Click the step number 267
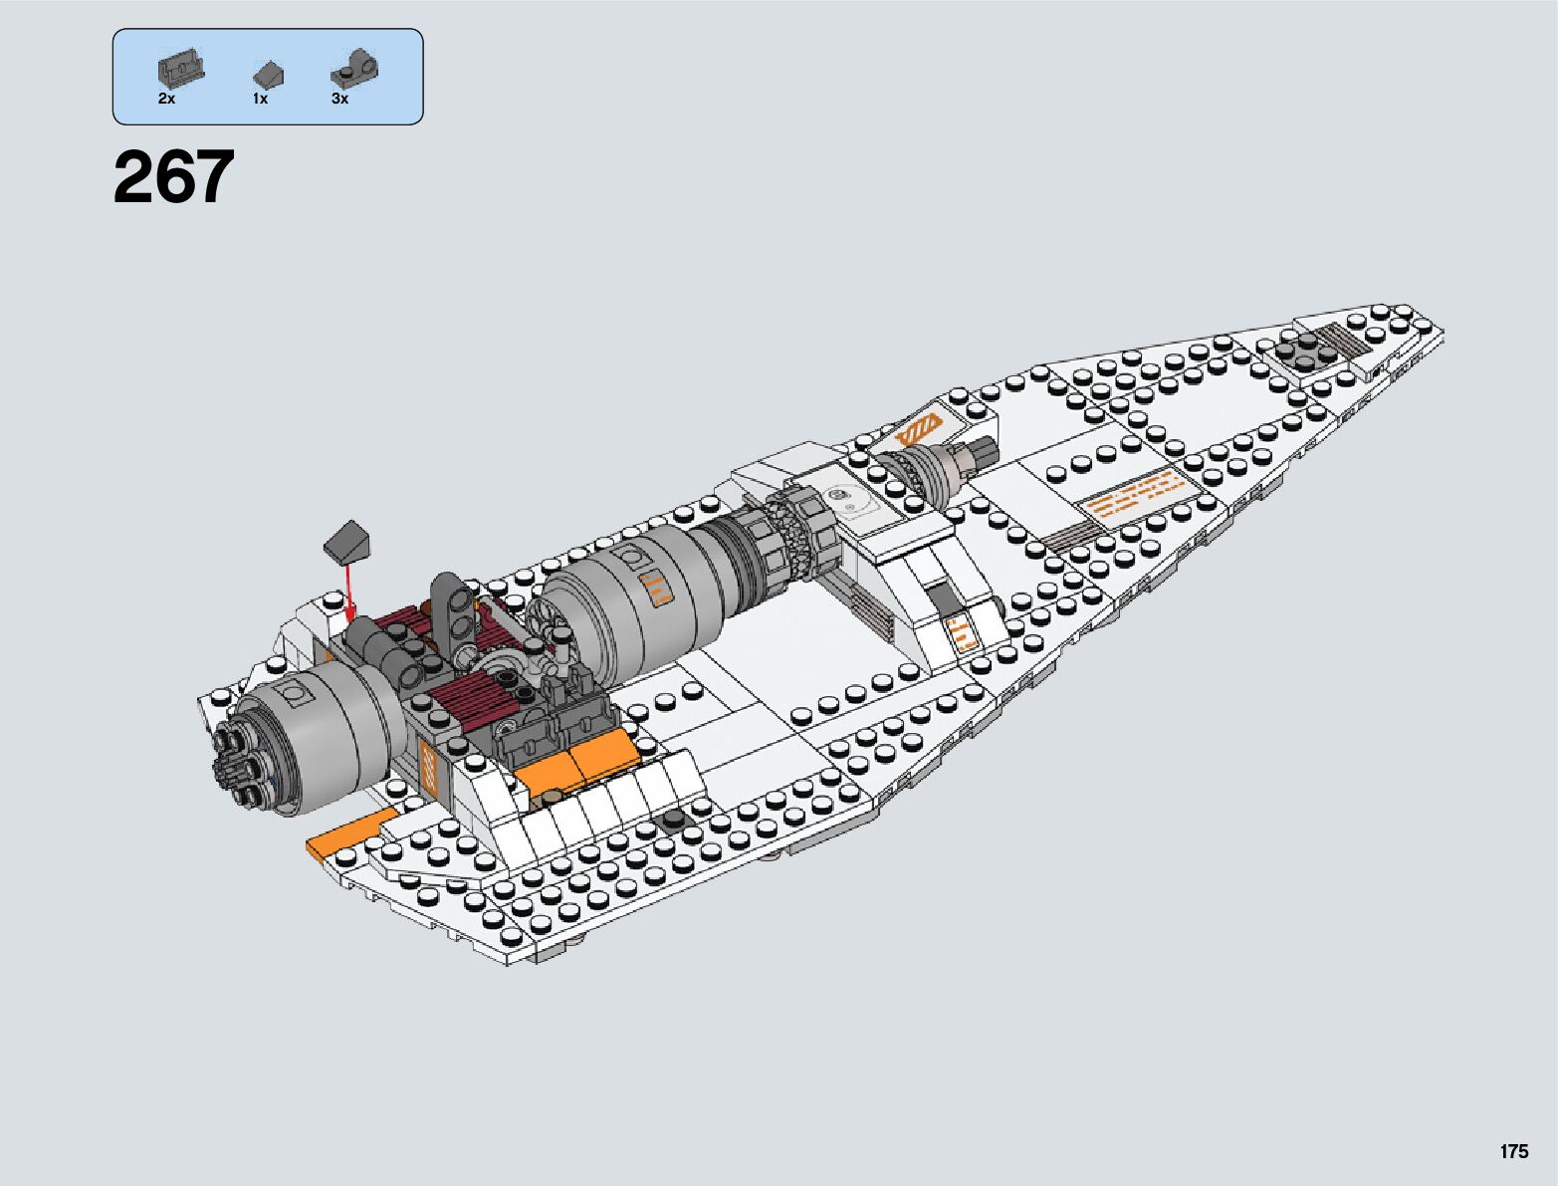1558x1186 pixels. (174, 177)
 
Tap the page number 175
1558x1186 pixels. (1513, 1152)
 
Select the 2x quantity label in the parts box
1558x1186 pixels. (166, 100)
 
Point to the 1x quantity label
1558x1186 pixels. (260, 100)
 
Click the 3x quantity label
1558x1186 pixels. (340, 100)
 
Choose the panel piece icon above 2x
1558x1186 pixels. (180, 69)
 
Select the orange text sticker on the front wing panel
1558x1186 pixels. (1135, 494)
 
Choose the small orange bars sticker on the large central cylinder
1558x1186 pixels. (656, 589)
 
